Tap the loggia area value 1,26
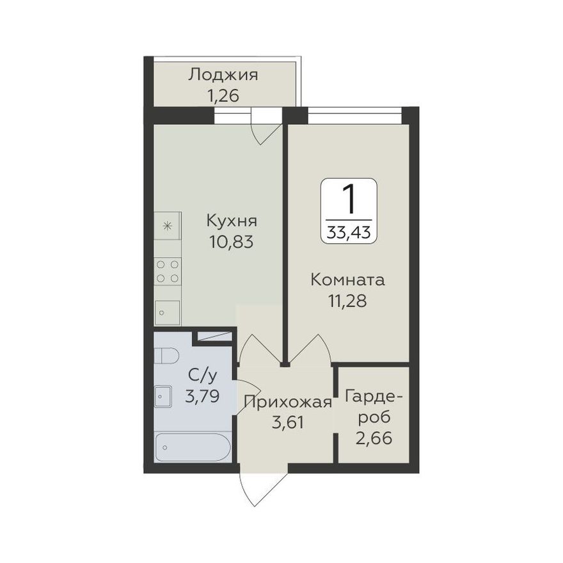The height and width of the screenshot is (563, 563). point(223,96)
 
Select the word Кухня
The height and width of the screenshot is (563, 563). point(232,221)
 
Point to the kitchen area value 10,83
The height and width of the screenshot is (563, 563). point(232,242)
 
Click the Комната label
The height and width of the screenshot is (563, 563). point(347,280)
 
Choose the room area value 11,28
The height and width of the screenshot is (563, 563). point(347,301)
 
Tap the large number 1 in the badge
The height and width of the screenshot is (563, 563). point(349,199)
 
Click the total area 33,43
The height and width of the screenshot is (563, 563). point(349,233)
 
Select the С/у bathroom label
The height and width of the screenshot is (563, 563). point(203,376)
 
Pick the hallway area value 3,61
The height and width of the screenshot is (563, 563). point(288,423)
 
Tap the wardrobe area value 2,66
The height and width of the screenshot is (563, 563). point(374,438)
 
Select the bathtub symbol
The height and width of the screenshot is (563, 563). point(193,447)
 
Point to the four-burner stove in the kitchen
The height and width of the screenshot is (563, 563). point(168,271)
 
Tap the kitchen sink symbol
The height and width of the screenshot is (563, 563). point(167,313)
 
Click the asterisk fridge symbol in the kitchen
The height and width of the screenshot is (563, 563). point(168,226)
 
